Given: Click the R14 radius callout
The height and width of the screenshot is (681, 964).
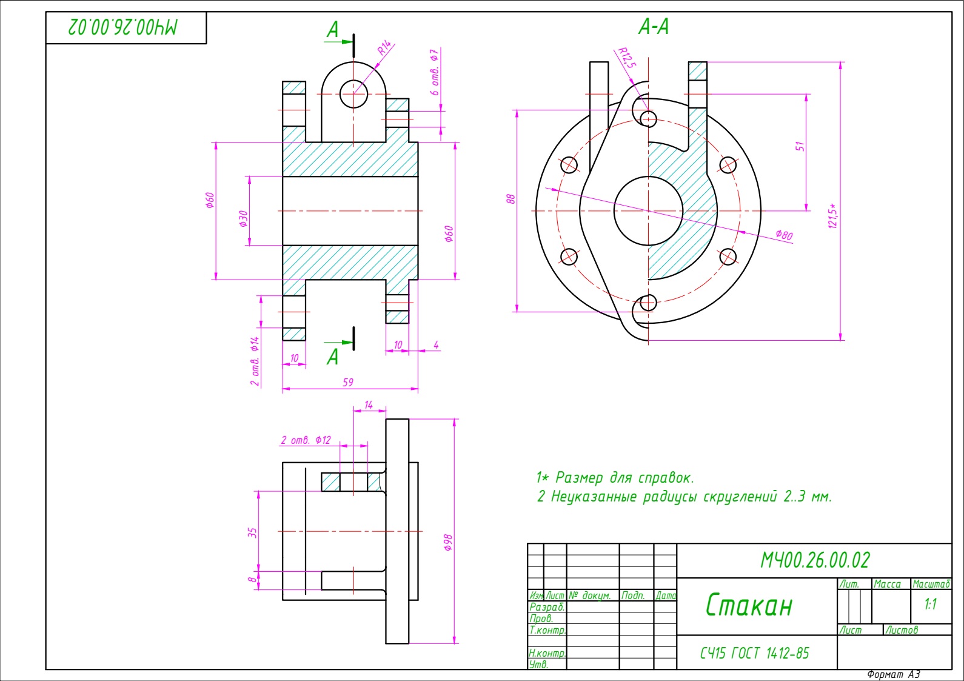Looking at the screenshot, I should [385, 49].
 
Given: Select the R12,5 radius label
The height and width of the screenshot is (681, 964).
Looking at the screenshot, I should [627, 58].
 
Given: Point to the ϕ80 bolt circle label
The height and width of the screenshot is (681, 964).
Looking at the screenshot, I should [783, 235].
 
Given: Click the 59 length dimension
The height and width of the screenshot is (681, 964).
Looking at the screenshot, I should [348, 383].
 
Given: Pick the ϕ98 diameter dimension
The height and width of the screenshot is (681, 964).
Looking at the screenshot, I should [448, 542].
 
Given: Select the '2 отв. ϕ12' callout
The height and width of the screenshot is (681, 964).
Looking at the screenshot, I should [306, 440].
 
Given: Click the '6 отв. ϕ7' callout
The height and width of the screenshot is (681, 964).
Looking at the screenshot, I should [435, 72].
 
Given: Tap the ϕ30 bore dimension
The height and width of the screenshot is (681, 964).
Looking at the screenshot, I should [244, 218].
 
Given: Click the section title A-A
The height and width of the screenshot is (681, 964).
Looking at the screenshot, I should [654, 27].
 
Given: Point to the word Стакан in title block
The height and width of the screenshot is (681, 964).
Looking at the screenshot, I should [749, 605].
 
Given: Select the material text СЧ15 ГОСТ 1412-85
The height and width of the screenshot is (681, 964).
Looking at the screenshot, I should [754, 653].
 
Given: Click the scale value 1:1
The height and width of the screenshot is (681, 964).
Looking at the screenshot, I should [931, 605].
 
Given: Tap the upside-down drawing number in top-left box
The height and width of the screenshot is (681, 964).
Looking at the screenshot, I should [124, 27].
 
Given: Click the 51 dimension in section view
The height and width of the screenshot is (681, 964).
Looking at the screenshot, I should [800, 147].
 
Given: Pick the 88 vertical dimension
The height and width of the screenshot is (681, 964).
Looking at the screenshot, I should [511, 199].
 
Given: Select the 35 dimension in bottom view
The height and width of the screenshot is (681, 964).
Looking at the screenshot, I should [252, 532].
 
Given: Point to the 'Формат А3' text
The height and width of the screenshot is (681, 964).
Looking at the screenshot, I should [893, 674].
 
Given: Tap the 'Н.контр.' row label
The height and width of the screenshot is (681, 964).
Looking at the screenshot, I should [547, 654].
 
